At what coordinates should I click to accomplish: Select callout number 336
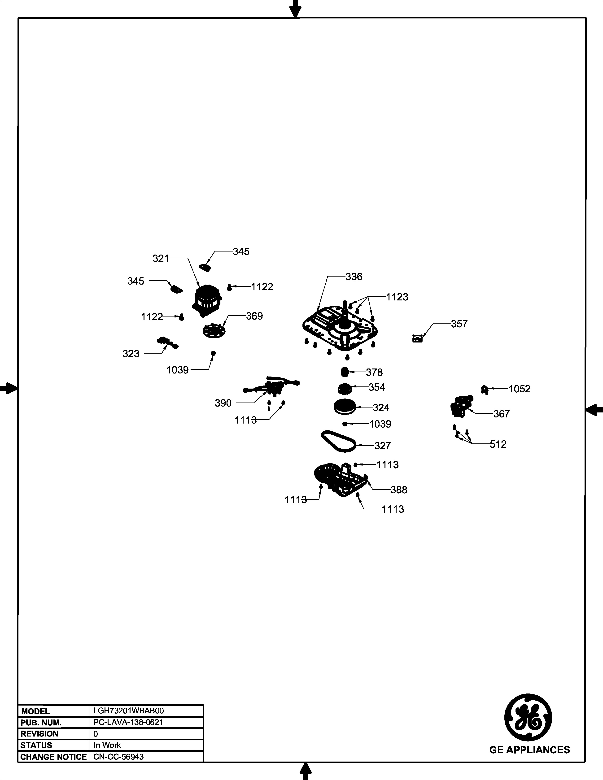point(354,277)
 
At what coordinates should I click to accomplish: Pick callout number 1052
point(520,389)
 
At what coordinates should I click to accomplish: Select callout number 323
point(131,354)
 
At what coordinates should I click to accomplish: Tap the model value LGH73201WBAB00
point(128,711)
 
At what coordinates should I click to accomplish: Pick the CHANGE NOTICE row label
point(54,756)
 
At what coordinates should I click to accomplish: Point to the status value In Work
point(107,745)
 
